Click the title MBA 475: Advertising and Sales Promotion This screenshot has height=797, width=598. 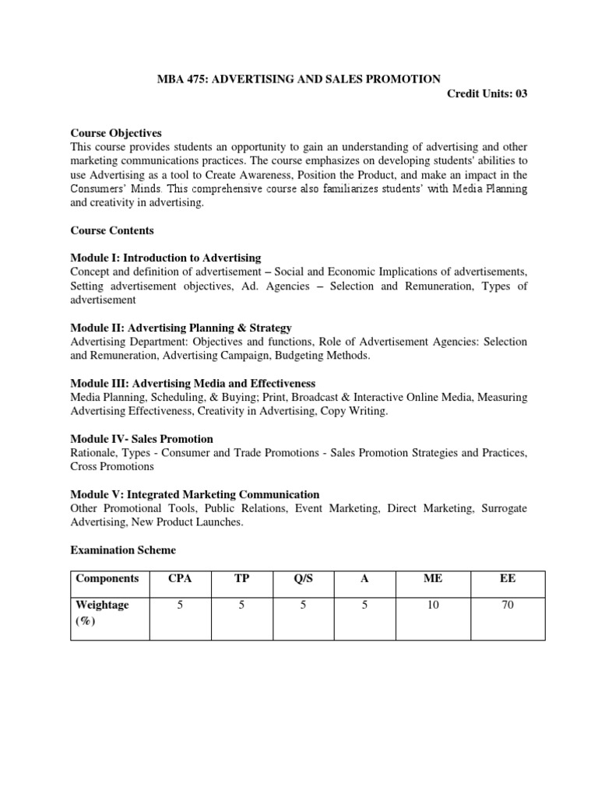click(299, 79)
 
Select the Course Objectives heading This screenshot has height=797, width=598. click(116, 133)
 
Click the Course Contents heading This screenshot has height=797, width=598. click(112, 230)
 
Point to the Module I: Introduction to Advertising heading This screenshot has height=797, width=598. click(166, 258)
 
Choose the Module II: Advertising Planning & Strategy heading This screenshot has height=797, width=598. click(181, 328)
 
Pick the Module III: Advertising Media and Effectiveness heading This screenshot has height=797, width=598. click(192, 383)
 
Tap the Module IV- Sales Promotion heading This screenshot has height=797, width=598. click(142, 439)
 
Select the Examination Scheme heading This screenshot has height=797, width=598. click(123, 550)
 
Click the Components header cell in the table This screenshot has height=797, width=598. click(108, 579)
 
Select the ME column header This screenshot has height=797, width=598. click(433, 579)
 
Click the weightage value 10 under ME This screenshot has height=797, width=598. click(433, 605)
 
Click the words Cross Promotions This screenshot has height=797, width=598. click(112, 466)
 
